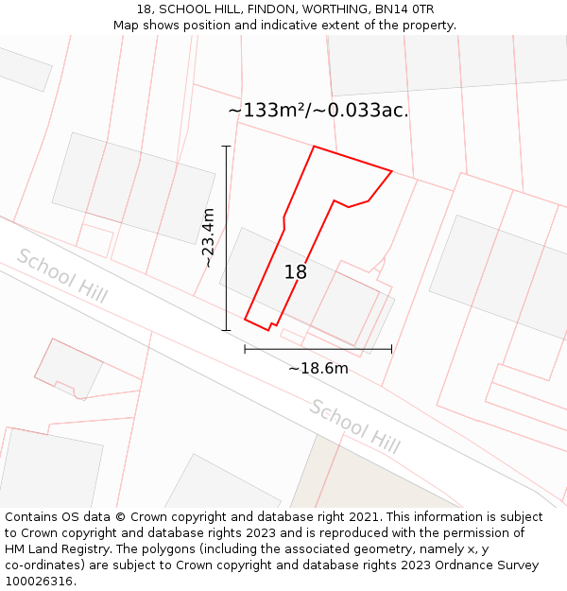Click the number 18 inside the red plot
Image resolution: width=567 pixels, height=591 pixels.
pos(296,272)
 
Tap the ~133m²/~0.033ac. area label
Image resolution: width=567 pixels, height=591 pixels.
pos(318,111)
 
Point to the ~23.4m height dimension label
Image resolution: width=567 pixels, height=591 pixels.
pos(209,237)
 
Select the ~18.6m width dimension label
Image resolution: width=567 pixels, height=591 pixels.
pos(318,368)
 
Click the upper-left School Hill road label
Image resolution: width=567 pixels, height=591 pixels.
pos(62,276)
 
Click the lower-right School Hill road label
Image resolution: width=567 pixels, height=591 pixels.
pos(354,425)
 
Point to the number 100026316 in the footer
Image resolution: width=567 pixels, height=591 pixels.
pos(38,582)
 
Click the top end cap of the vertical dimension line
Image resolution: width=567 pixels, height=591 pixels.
pos(226,147)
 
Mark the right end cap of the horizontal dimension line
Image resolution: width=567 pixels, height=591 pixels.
pos(391,349)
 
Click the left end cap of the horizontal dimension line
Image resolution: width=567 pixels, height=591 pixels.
pos(245,349)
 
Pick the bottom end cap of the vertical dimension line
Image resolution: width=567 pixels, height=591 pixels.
pos(226,330)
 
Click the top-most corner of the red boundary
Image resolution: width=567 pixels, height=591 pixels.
pos(314,147)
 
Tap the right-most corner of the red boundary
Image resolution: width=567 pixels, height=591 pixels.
pos(392,171)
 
